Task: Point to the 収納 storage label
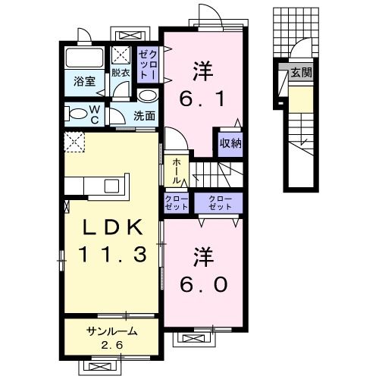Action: click(x=231, y=142)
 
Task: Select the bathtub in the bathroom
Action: click(x=84, y=58)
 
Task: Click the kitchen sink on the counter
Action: click(x=111, y=186)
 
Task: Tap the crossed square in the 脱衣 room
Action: click(x=121, y=55)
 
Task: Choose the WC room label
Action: click(x=96, y=116)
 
